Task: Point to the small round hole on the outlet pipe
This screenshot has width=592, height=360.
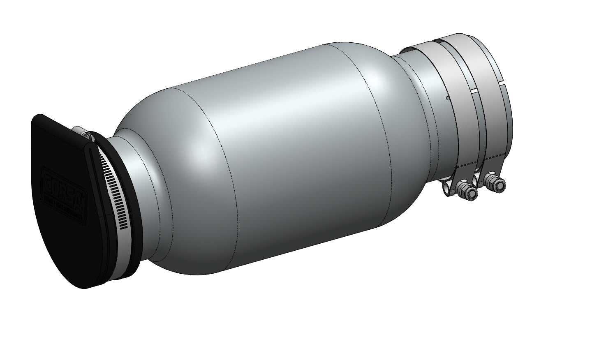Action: (447, 98)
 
